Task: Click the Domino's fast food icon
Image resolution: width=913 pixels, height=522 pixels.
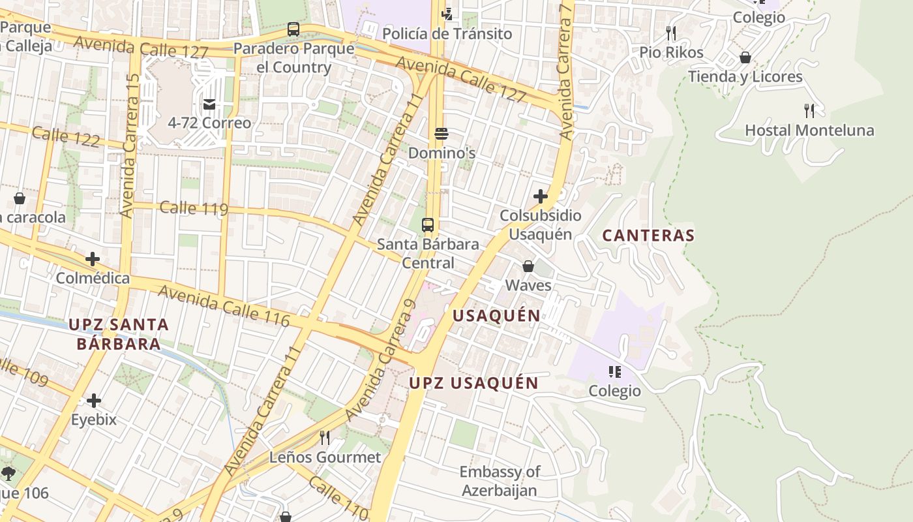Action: (442, 134)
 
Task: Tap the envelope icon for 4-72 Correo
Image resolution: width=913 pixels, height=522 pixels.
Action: (209, 104)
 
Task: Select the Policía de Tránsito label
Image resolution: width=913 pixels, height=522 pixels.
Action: (447, 34)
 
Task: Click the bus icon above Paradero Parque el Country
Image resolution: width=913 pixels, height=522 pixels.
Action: (293, 29)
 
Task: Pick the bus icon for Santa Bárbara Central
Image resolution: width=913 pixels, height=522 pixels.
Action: (428, 225)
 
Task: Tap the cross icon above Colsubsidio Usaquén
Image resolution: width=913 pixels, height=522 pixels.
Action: (540, 196)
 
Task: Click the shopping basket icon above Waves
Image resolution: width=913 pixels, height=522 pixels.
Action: (528, 266)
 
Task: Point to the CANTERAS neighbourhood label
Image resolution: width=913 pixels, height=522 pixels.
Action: (648, 236)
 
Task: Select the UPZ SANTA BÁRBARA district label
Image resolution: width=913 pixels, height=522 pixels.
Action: (119, 334)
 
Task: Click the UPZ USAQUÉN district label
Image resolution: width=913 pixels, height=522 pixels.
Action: (473, 383)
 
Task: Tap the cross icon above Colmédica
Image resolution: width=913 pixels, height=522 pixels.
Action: (93, 259)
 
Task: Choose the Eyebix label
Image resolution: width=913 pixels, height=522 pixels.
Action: (94, 420)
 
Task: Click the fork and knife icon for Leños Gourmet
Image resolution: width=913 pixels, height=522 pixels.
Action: (324, 437)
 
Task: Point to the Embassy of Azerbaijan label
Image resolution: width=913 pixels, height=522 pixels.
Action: (500, 481)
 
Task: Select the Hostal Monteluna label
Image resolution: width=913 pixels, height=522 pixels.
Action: (809, 130)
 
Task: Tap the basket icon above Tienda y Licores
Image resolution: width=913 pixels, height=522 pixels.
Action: (745, 57)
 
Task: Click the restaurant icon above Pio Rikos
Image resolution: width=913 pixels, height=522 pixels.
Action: (670, 33)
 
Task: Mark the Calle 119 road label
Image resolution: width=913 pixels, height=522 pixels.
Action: (194, 208)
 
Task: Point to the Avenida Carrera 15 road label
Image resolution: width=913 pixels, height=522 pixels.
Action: (130, 146)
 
